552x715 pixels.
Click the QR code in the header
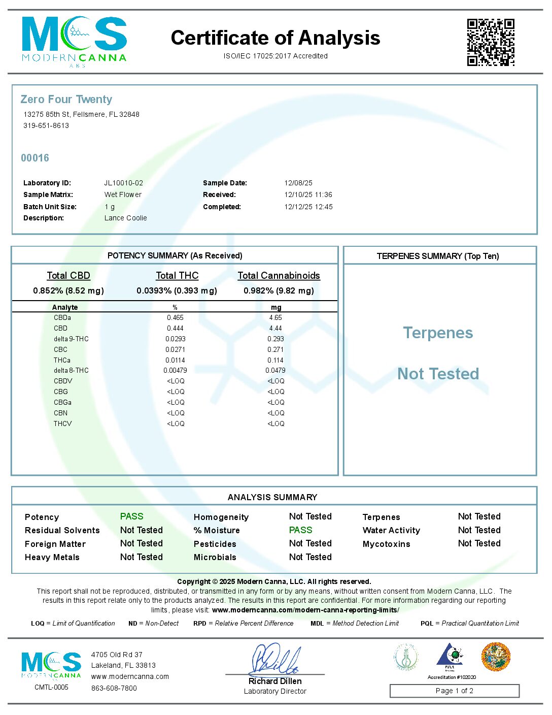coord(491,43)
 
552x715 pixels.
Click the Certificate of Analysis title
coord(275,38)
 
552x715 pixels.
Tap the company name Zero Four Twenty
coord(66,100)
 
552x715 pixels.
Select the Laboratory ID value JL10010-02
coord(124,183)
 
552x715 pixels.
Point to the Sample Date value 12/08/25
coord(298,183)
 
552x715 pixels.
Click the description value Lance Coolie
coord(126,218)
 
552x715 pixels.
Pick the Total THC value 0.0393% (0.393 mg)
coord(177,291)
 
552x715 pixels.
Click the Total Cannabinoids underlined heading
coord(279,276)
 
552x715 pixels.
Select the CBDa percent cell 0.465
coord(175,318)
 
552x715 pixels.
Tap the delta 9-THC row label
coord(71,339)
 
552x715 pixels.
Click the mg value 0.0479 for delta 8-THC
coord(275,371)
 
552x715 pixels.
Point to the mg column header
coord(276,307)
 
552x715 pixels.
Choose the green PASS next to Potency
coord(132,516)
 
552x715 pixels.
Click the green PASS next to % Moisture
coord(300,530)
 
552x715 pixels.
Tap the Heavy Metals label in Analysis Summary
coord(52,558)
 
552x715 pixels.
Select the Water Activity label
coord(391,531)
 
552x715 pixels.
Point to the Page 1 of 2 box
coord(454,691)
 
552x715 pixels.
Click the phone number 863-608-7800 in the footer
coord(114,689)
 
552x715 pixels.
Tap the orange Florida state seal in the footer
coord(496,657)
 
